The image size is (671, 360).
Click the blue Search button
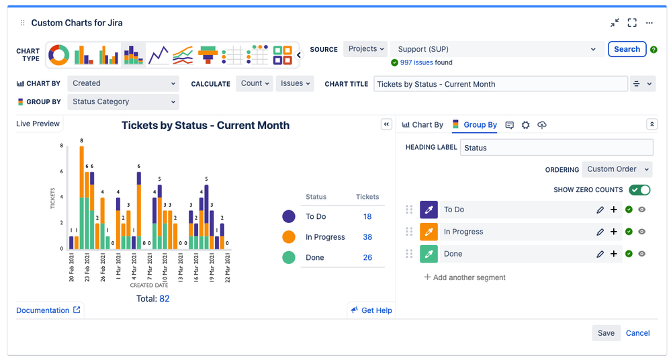pyautogui.click(x=627, y=49)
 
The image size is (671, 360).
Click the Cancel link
pyautogui.click(x=637, y=333)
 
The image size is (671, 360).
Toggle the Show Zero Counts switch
pyautogui.click(x=639, y=190)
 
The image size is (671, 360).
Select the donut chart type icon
pyautogui.click(x=59, y=54)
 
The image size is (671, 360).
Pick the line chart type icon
pyautogui.click(x=159, y=54)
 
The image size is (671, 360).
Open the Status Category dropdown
pyautogui.click(x=124, y=102)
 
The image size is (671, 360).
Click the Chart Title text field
pyautogui.click(x=500, y=84)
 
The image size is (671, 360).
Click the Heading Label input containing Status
pyautogui.click(x=556, y=148)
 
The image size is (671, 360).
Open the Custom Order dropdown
pyautogui.click(x=617, y=169)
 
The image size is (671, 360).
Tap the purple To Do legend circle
pyautogui.click(x=289, y=216)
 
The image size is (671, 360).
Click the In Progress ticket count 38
pyautogui.click(x=367, y=237)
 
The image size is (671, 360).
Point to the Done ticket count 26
pyautogui.click(x=367, y=258)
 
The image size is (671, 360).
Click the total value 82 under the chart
pyautogui.click(x=165, y=298)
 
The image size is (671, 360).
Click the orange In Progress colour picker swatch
pyautogui.click(x=429, y=232)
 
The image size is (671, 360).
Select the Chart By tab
pyautogui.click(x=422, y=125)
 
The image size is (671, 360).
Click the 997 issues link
pyautogui.click(x=416, y=62)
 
